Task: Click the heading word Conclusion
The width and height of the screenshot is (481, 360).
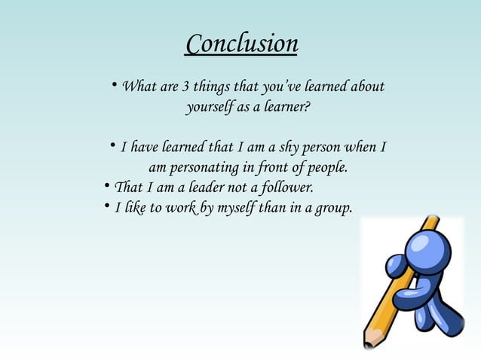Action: (241, 44)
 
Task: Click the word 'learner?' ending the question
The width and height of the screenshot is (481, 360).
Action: (283, 108)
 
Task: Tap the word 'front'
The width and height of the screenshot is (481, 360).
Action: (277, 166)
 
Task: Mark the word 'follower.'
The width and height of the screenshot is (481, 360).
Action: (283, 187)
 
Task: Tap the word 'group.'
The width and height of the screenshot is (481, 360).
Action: (332, 207)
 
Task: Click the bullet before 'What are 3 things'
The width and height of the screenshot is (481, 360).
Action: (114, 87)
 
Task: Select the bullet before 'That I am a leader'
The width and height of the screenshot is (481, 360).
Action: (106, 186)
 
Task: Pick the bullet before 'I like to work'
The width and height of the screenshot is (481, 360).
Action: (106, 206)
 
